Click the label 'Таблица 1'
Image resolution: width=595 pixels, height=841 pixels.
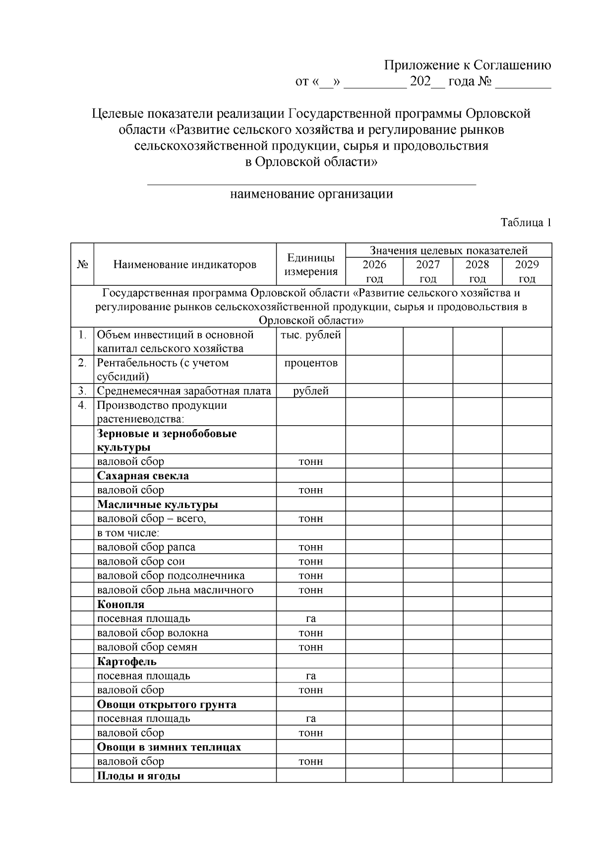pos(526,223)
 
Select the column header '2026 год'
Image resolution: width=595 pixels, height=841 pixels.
pos(374,271)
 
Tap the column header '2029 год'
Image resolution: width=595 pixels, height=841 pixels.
pos(527,271)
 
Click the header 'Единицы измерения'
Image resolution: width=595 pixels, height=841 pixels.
pos(311,265)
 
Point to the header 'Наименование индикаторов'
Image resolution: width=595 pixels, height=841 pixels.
pos(185,265)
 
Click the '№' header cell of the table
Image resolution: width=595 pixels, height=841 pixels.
pos(82,265)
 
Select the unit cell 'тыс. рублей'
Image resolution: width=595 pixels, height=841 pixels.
pos(311,335)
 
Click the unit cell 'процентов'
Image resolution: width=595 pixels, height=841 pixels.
pos(311,363)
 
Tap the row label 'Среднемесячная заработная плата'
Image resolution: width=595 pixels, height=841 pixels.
pos(184,391)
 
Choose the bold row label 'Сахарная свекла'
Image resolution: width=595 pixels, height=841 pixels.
pos(143,476)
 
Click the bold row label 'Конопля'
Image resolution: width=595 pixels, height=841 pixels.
pos(120,604)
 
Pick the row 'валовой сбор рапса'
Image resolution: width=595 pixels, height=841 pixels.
pos(146,547)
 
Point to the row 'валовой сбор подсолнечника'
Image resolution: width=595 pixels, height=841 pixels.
pos(171,575)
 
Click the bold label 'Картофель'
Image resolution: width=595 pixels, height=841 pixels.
pos(127,661)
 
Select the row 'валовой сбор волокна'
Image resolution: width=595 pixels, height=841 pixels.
pos(153,633)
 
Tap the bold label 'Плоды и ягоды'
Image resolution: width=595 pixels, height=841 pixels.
pos(138,776)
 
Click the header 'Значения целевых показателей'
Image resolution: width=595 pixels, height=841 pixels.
pos(448,250)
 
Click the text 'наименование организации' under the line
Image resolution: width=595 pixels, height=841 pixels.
pos(311,194)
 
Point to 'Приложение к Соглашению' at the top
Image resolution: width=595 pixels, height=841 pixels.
pos(468,65)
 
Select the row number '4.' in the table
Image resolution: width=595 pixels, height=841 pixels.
pos(82,405)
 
